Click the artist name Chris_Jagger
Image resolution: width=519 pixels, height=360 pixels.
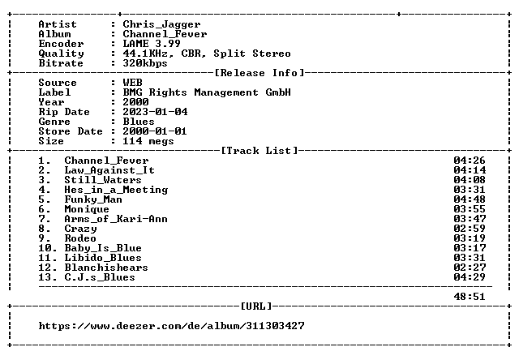pyautogui.click(x=161, y=25)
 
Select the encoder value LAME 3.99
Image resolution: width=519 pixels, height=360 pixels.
pyautogui.click(x=152, y=44)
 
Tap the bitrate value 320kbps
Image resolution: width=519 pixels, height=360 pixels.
pyautogui.click(x=145, y=63)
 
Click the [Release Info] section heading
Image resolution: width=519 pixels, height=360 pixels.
pyautogui.click(x=259, y=73)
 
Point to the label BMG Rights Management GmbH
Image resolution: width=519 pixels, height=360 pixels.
pyautogui.click(x=207, y=92)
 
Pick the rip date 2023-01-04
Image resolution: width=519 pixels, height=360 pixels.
pyautogui.click(x=155, y=112)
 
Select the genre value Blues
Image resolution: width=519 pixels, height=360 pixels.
pyautogui.click(x=139, y=122)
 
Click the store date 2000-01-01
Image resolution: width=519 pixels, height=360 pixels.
pyautogui.click(x=155, y=131)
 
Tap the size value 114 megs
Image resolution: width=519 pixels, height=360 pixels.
pyautogui.click(x=148, y=141)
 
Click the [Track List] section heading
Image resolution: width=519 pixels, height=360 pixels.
pyautogui.click(x=259, y=151)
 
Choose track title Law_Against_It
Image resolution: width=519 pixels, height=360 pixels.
pyautogui.click(x=109, y=170)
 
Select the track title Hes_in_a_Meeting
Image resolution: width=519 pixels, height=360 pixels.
pyautogui.click(x=116, y=190)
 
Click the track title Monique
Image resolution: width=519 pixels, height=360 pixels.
pyautogui.click(x=87, y=209)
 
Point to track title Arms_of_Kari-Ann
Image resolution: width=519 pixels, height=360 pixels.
pyautogui.click(x=116, y=219)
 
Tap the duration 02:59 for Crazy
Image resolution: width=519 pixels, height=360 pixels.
pyautogui.click(x=470, y=229)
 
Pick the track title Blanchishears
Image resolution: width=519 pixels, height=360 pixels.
pyautogui.click(x=106, y=268)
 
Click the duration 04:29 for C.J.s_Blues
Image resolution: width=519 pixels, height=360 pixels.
pyautogui.click(x=470, y=277)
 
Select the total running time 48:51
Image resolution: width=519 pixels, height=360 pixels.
pyautogui.click(x=470, y=297)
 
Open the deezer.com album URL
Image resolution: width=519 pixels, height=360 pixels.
pyautogui.click(x=171, y=326)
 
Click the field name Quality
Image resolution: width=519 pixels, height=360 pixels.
pyautogui.click(x=62, y=54)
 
